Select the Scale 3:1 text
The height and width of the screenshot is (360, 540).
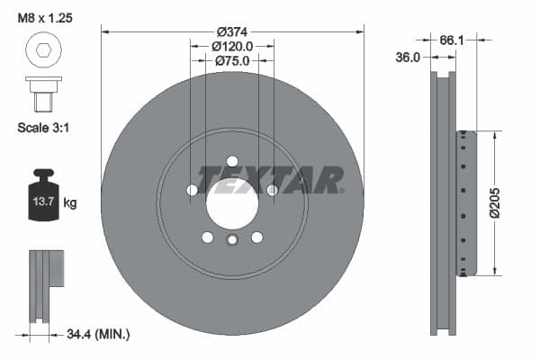click(44, 128)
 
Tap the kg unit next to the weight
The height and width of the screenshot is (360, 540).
click(70, 203)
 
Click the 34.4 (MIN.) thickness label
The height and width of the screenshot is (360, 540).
click(99, 334)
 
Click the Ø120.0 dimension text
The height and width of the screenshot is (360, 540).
click(232, 46)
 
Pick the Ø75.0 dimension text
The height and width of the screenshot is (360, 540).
click(232, 60)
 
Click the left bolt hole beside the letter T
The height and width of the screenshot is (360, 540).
click(192, 190)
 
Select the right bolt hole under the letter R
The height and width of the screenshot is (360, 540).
click(272, 190)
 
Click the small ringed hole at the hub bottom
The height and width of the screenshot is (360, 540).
click(232, 240)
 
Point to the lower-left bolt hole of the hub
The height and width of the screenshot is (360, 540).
click(208, 238)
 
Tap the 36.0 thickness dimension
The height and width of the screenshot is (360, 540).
click(409, 57)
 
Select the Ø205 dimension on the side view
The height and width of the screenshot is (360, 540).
click(507, 203)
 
